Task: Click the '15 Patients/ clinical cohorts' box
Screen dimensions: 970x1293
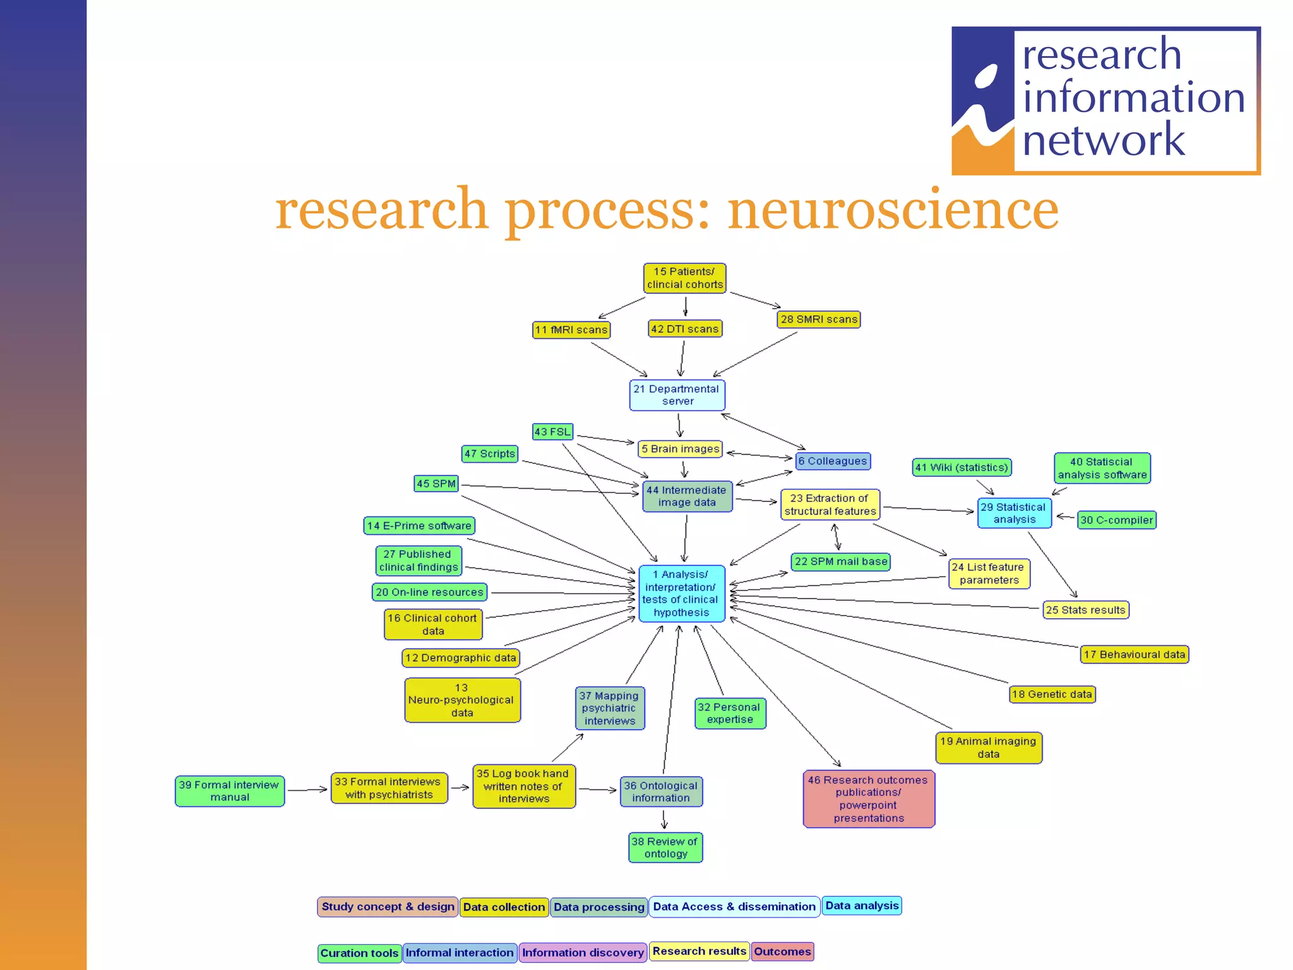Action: (x=684, y=278)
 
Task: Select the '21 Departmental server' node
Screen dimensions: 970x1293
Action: (x=677, y=395)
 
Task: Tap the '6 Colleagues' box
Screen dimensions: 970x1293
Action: (x=832, y=461)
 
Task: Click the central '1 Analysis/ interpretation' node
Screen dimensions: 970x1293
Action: (x=681, y=594)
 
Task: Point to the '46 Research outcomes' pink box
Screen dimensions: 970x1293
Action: (x=869, y=799)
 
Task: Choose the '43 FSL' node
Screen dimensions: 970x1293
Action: (x=552, y=432)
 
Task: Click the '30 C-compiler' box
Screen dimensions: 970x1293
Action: (x=1116, y=520)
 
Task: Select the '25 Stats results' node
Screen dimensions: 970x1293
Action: (x=1085, y=610)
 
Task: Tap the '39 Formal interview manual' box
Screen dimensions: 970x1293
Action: (x=229, y=791)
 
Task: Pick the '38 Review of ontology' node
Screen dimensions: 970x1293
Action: (x=665, y=847)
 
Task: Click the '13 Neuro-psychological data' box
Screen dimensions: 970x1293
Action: (x=462, y=700)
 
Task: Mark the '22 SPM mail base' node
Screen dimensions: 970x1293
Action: (x=840, y=561)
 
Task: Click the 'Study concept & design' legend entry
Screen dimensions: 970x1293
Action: (x=388, y=907)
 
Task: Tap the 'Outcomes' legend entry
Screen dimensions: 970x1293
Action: (x=782, y=952)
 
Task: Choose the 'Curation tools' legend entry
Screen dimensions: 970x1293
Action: (x=359, y=953)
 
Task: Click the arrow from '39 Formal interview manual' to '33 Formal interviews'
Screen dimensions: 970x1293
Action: (x=307, y=789)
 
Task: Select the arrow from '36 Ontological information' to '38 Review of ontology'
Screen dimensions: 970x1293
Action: (x=664, y=820)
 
